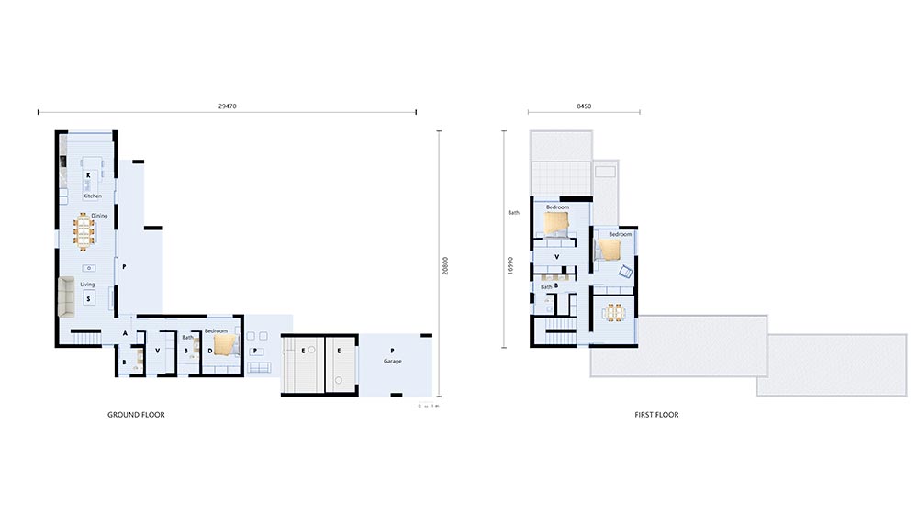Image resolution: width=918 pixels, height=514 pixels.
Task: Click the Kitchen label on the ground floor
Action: tap(92, 196)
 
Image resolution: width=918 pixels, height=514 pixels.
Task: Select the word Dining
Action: tap(99, 216)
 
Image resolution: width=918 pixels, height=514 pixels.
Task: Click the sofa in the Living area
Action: tap(66, 296)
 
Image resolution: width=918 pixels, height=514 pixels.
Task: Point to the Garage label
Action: tap(393, 362)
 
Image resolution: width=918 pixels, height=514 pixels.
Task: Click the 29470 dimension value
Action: tap(227, 106)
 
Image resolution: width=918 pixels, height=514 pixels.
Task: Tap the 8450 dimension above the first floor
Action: tap(584, 106)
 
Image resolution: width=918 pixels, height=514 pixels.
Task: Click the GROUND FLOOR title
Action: tap(137, 415)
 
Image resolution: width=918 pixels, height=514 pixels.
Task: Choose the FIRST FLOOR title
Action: tap(656, 415)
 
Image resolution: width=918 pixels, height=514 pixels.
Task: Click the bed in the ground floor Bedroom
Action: tap(225, 344)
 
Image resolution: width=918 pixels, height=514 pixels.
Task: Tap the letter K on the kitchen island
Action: tap(89, 174)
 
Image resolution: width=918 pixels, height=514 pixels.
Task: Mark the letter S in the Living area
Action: tap(88, 299)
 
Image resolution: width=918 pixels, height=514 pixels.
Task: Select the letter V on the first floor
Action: tap(557, 256)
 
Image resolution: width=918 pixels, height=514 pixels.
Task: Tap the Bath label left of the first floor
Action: tap(514, 213)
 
